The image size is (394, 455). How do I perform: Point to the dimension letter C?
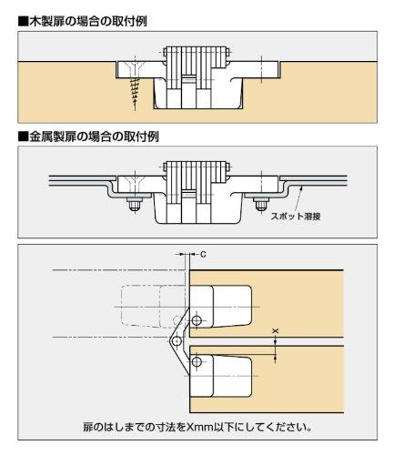click(201, 257)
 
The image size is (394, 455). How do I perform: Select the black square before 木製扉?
click(9, 19)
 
